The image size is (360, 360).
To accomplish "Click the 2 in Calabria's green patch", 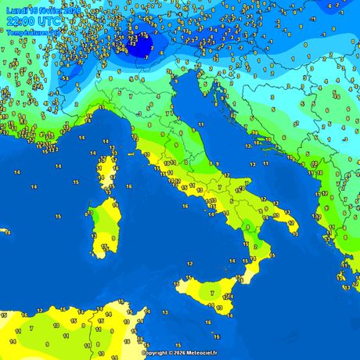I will pyautogui.click(x=254, y=247).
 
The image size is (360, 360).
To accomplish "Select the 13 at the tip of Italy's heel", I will pyautogui.click(x=291, y=222).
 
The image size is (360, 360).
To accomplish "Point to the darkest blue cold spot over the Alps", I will pyautogui.click(x=141, y=43).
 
